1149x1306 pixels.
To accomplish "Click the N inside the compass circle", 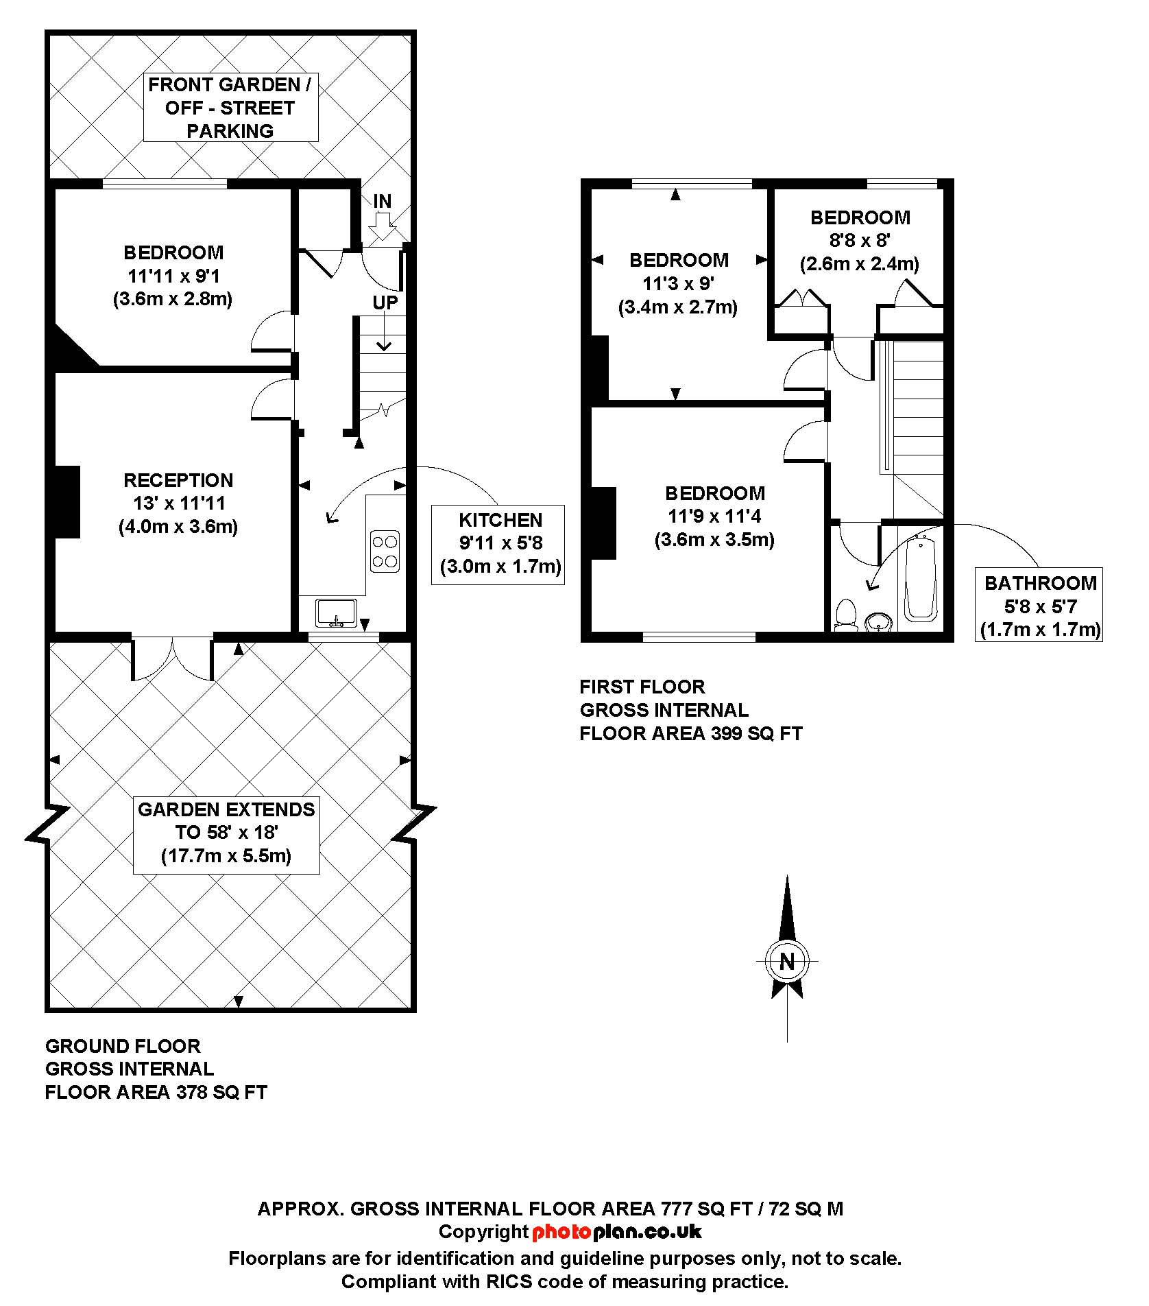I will pyautogui.click(x=787, y=962).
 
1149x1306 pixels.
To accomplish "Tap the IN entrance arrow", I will pyautogui.click(x=383, y=225).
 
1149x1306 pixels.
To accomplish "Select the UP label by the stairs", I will pyautogui.click(x=385, y=302).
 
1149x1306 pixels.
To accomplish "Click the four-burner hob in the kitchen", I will pyautogui.click(x=385, y=551).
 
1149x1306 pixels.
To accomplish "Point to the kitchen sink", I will pyautogui.click(x=336, y=613).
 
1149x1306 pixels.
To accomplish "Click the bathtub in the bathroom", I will pyautogui.click(x=920, y=580).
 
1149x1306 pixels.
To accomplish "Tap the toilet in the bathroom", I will pyautogui.click(x=847, y=615).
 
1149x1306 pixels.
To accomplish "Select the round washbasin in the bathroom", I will pyautogui.click(x=878, y=623).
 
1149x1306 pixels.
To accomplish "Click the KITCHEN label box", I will pyautogui.click(x=498, y=544).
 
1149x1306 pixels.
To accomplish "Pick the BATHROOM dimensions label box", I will pyautogui.click(x=1039, y=605).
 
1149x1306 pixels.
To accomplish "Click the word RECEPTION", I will pyautogui.click(x=178, y=480).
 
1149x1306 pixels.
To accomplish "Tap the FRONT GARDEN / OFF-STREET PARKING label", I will pyautogui.click(x=230, y=108).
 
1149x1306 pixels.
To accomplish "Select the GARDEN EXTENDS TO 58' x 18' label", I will pyautogui.click(x=226, y=833).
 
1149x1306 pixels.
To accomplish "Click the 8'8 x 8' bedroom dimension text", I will pyautogui.click(x=860, y=241).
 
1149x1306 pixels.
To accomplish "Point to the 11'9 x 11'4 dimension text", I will pyautogui.click(x=714, y=516).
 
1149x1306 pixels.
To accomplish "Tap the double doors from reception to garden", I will pyautogui.click(x=173, y=658).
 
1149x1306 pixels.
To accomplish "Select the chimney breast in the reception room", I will pyautogui.click(x=67, y=501).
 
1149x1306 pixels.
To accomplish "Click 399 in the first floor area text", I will pyautogui.click(x=727, y=733).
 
